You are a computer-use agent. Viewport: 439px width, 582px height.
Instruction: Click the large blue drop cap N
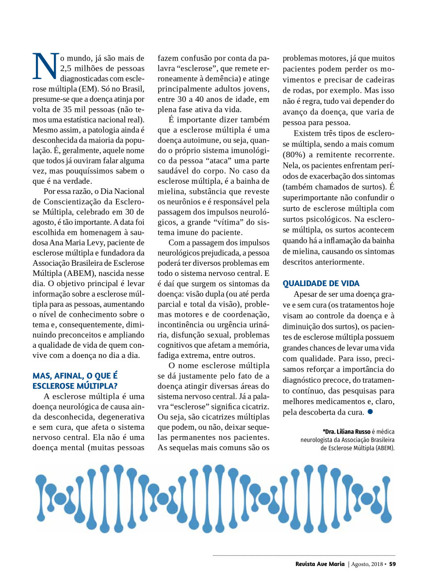(45, 66)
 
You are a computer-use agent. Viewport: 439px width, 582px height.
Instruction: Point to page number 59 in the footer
(392, 564)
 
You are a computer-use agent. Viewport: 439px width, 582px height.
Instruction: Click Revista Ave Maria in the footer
(320, 564)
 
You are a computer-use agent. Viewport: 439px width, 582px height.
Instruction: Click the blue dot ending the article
(370, 412)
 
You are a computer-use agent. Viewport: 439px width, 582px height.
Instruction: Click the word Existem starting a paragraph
(309, 133)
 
